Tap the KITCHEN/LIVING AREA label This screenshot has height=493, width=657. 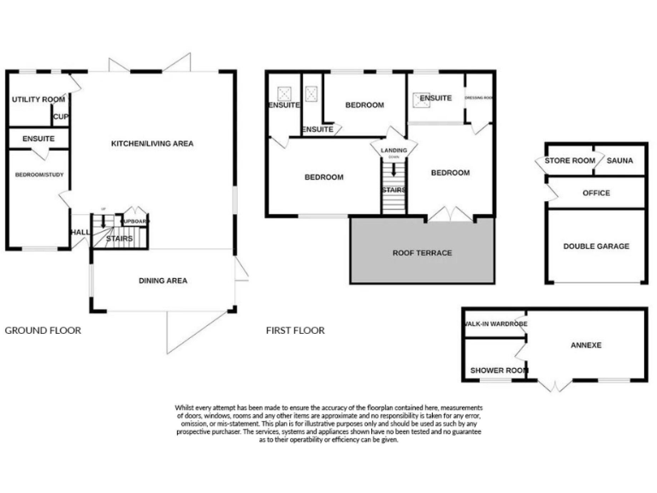tap(152, 144)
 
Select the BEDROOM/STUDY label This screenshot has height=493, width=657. tap(39, 175)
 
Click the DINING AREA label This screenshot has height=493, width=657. tap(163, 281)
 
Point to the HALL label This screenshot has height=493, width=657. tap(80, 232)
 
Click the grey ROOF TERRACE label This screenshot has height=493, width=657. tap(422, 253)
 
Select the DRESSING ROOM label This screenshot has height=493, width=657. tap(479, 98)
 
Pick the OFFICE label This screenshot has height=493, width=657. tap(596, 193)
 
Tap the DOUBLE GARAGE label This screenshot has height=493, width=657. tap(596, 246)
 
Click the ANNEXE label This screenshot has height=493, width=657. tap(587, 346)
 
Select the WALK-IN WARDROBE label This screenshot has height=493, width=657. tap(494, 325)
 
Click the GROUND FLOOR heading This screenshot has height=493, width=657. tap(43, 330)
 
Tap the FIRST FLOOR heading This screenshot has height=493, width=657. tap(295, 330)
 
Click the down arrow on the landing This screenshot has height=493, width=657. tap(394, 169)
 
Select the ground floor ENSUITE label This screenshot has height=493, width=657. tap(38, 138)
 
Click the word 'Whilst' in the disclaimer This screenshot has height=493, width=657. tap(184, 407)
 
